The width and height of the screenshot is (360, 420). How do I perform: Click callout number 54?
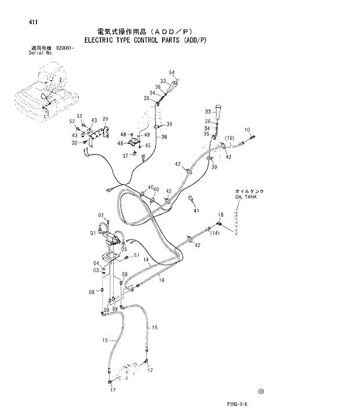click(x=172, y=73)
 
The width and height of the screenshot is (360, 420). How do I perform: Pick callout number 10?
click(x=247, y=130)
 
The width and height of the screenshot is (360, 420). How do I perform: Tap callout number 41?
click(x=196, y=211)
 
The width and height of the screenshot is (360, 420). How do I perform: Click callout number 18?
click(x=221, y=215)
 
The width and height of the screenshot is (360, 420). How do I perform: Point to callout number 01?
click(x=92, y=233)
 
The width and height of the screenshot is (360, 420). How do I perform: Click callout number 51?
click(x=136, y=256)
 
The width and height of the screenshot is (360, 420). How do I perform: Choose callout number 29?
click(x=106, y=118)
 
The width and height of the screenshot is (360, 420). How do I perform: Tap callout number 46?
click(x=120, y=143)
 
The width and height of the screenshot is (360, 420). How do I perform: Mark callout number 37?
click(x=125, y=155)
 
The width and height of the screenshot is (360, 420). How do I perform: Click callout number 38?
click(x=164, y=137)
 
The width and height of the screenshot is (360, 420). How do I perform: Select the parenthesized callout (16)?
click(x=229, y=138)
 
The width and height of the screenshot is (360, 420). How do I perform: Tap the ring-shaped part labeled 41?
click(x=190, y=200)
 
